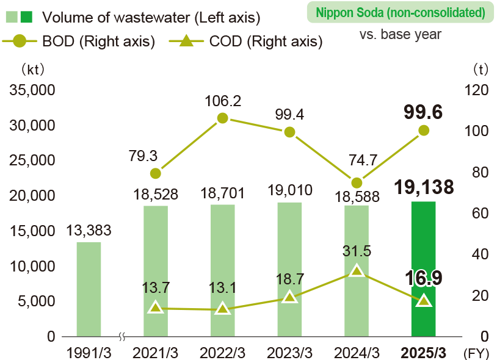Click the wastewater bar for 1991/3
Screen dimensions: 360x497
pyautogui.click(x=89, y=289)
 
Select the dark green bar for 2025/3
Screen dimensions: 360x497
pyautogui.click(x=424, y=268)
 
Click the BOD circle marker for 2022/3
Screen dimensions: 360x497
pyautogui.click(x=223, y=118)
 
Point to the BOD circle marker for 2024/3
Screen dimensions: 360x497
pyautogui.click(x=357, y=182)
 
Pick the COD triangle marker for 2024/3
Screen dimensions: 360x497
pyautogui.click(x=357, y=271)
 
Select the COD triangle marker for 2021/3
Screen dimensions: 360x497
pyautogui.click(x=156, y=308)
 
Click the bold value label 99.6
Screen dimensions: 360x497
pyautogui.click(x=423, y=112)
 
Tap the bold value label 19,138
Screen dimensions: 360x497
pyautogui.click(x=424, y=187)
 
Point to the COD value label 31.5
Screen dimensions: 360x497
pyautogui.click(x=357, y=251)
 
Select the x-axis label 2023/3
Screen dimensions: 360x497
pyautogui.click(x=290, y=353)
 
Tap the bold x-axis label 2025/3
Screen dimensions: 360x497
pyautogui.click(x=424, y=353)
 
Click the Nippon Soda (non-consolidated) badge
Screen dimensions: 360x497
pyautogui.click(x=401, y=12)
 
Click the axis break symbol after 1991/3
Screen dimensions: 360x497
pyautogui.click(x=122, y=336)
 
